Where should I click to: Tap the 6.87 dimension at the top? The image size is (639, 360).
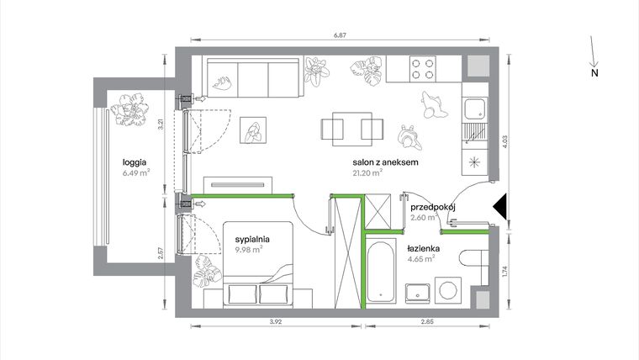point(341,33)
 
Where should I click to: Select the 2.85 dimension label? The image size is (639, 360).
point(428,320)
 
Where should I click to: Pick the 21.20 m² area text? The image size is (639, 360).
point(368,173)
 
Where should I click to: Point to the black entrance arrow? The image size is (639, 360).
point(498,205)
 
